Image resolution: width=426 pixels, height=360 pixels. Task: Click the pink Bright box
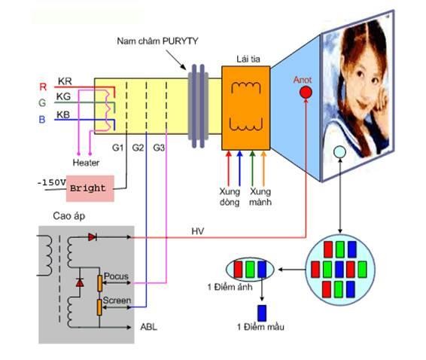(x=89, y=188)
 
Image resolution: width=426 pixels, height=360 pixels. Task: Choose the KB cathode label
(x=65, y=114)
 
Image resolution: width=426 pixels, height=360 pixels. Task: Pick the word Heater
(x=86, y=162)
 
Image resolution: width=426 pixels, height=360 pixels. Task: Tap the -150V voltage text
(x=50, y=182)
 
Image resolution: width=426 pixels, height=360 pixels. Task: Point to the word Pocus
(x=117, y=276)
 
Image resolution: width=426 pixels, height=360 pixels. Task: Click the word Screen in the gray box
(x=117, y=301)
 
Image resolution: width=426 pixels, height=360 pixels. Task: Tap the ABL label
(x=148, y=327)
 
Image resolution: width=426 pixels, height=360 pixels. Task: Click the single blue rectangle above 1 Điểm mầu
(x=262, y=313)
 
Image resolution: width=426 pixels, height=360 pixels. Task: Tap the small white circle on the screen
(x=339, y=153)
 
